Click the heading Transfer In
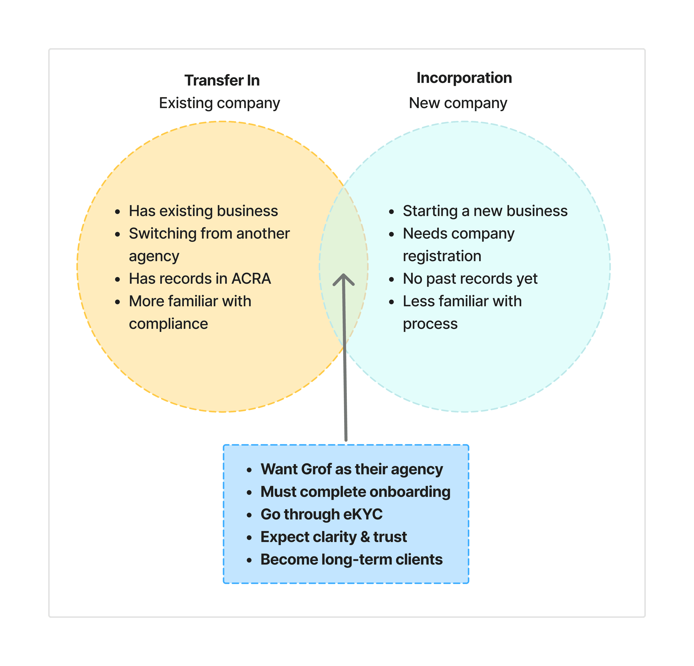point(222,80)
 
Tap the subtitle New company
point(458,103)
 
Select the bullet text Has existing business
point(203,211)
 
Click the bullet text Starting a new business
point(485,211)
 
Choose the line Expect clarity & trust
point(333,537)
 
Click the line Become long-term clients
point(351,560)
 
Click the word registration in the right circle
point(442,256)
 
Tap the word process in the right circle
point(430,324)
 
